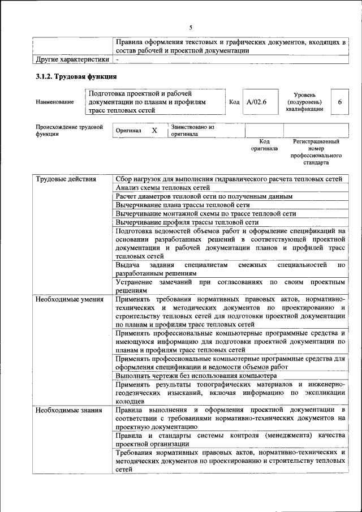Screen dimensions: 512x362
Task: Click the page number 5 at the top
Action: click(x=191, y=27)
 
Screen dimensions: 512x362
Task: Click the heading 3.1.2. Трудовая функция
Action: click(x=76, y=76)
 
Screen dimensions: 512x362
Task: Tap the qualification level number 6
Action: click(x=339, y=102)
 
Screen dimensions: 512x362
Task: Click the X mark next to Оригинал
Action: click(x=154, y=130)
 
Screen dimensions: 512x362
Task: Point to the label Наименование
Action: click(x=55, y=102)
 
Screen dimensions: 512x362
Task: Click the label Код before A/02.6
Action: click(x=234, y=102)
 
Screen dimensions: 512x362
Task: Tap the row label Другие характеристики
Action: click(x=72, y=59)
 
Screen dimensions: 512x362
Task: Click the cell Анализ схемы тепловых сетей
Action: click(x=162, y=188)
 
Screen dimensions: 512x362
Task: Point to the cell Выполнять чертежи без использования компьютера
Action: click(x=196, y=375)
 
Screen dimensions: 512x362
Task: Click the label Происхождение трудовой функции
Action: click(x=69, y=130)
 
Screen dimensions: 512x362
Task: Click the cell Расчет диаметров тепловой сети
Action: click(x=204, y=196)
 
